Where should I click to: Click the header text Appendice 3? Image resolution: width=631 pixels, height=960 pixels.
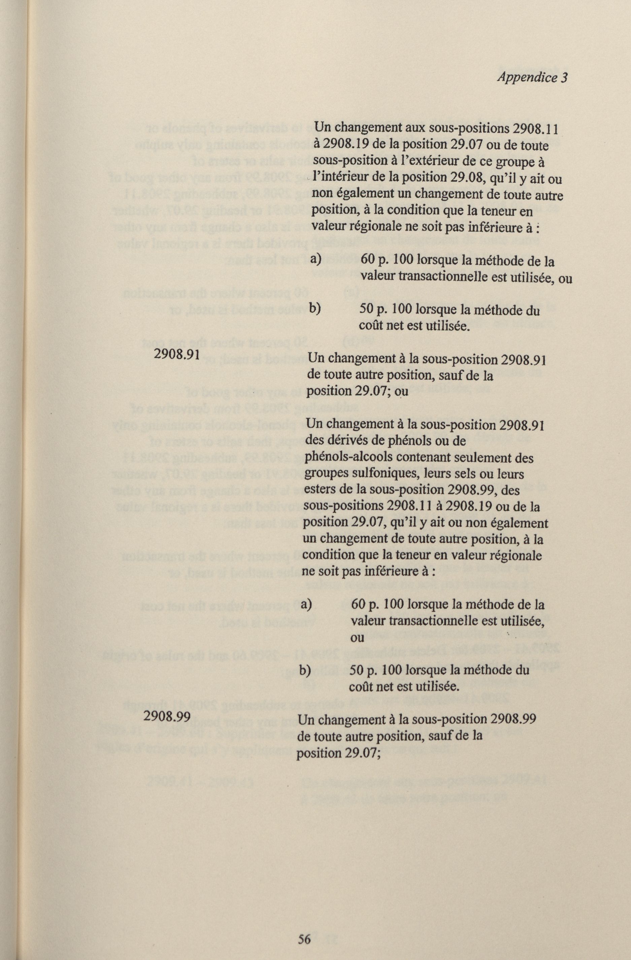tap(532, 77)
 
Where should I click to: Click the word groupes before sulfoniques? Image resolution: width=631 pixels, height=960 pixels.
tap(327, 474)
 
